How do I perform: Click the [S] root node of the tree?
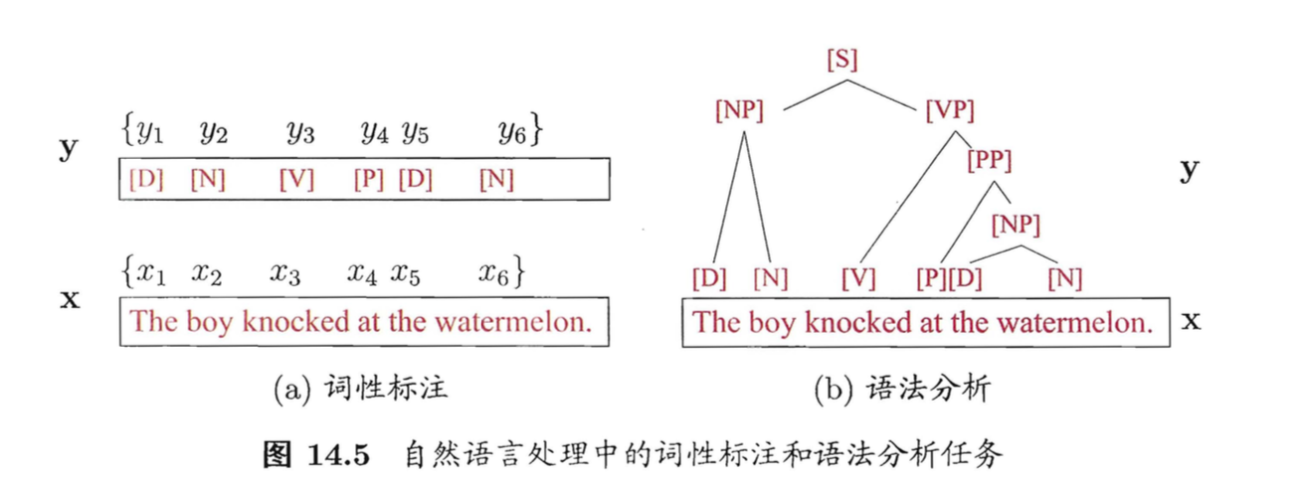841,61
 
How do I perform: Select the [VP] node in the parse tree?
949,110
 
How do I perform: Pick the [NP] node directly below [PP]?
1015,226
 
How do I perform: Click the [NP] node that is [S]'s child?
739,110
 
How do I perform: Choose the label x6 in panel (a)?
496,272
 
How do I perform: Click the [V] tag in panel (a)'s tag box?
295,180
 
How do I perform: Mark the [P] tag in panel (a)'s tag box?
369,180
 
